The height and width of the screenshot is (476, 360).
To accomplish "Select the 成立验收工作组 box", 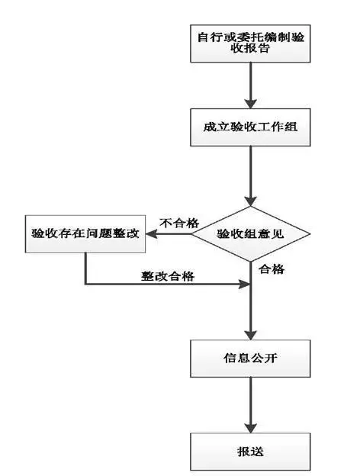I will tap(250, 128).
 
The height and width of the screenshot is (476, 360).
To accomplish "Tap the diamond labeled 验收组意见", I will tap(251, 233).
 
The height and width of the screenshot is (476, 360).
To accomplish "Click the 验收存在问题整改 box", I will tap(85, 233).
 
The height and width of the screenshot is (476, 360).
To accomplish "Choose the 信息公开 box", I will tap(250, 357).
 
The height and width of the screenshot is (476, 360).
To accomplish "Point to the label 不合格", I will tap(178, 223).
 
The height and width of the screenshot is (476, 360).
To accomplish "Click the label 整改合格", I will tap(166, 276).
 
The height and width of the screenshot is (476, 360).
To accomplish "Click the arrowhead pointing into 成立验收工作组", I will tap(250, 104).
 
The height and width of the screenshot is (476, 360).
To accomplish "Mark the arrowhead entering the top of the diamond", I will tap(250, 200).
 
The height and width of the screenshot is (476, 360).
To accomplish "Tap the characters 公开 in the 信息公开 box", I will tap(262, 357).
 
